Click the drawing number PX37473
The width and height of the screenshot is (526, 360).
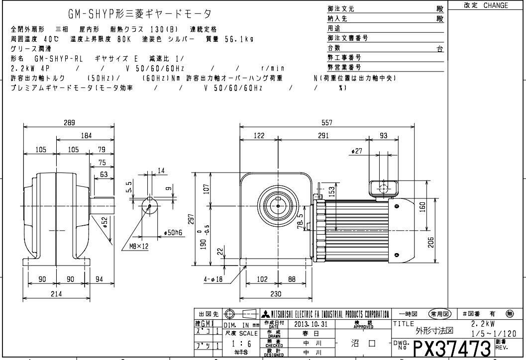point(452,345)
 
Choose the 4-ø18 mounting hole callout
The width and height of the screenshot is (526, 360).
point(214,279)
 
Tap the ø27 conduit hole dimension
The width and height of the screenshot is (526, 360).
point(356,151)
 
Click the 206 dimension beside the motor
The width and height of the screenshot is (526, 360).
point(431,242)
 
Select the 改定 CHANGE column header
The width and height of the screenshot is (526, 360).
point(486,5)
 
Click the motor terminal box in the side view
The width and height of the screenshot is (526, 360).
point(384,188)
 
